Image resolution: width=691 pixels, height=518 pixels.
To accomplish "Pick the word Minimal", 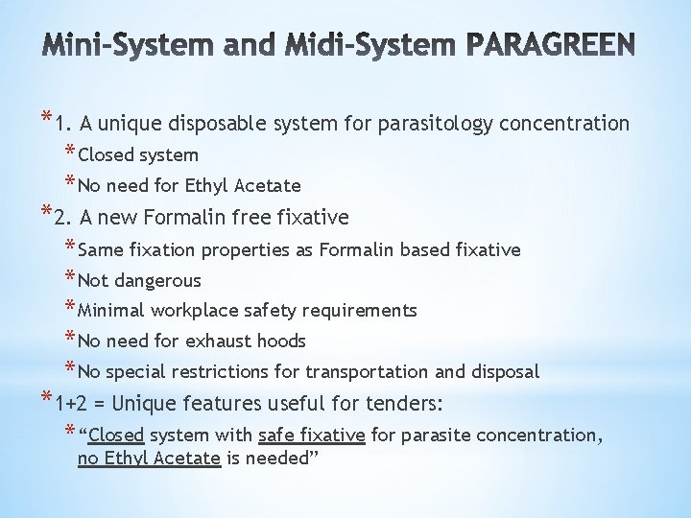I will click(x=110, y=311).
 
